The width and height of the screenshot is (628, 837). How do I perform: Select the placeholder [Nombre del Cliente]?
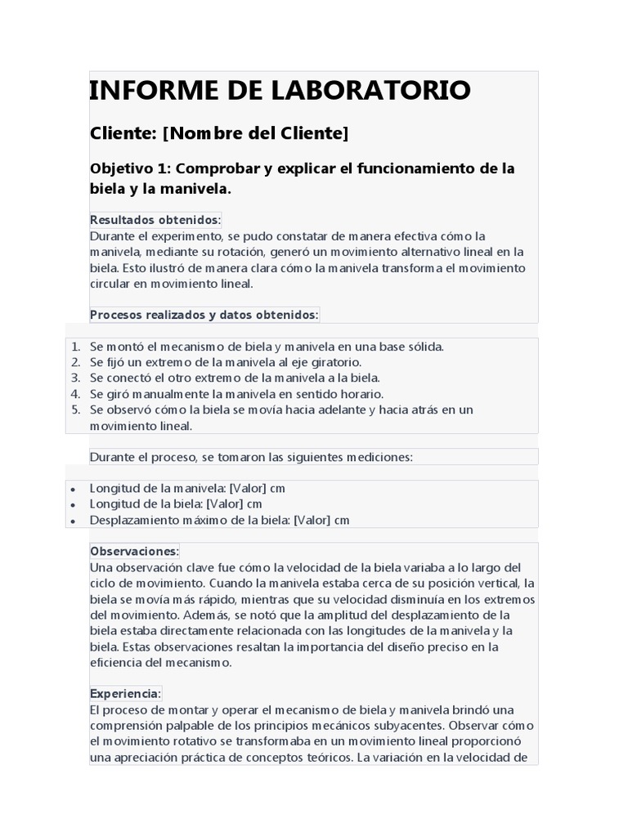255,132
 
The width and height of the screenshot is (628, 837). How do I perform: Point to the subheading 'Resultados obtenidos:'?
155,220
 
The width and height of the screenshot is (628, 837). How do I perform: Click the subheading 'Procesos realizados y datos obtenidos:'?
204,314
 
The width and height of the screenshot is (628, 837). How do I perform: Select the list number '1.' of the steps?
75,347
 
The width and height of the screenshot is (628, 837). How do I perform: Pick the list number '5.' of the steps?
75,409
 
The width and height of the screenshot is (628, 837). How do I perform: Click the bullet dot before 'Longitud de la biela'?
73,505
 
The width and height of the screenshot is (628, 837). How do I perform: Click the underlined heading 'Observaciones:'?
134,552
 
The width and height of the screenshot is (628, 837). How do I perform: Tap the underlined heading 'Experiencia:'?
125,693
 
